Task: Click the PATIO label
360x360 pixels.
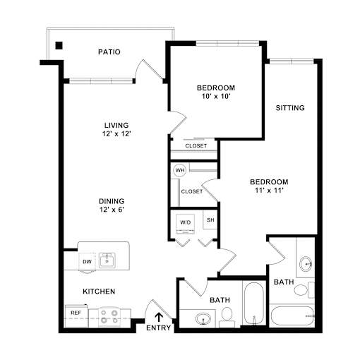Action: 109,52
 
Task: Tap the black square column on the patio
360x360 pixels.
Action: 59,45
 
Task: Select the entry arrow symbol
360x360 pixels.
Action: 159,317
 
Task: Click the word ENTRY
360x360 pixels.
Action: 158,328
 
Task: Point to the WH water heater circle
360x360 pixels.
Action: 179,170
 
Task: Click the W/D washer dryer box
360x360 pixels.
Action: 186,224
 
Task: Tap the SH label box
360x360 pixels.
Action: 210,220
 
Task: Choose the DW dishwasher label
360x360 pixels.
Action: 87,261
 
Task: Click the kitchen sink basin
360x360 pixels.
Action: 107,260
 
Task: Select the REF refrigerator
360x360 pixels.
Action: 76,316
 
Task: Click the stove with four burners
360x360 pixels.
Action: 109,317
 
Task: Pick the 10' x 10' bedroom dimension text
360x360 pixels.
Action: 216,96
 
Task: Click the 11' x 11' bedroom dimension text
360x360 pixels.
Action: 269,190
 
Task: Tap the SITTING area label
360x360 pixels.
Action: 290,108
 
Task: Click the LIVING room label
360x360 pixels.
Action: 116,125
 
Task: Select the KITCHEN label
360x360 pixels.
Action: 99,292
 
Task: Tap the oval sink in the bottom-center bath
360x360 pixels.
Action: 203,318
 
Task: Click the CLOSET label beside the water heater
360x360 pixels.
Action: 192,191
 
